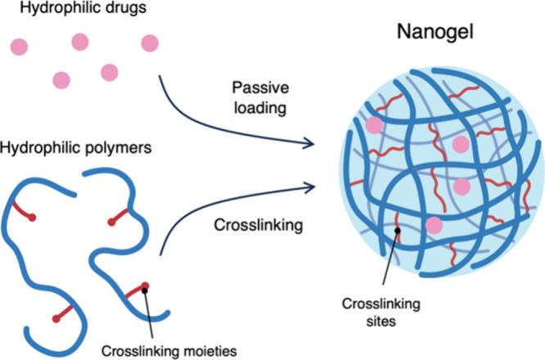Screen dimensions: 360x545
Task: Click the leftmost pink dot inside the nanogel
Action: coord(374,124)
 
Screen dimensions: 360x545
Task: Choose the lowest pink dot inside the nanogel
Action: coord(435,224)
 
